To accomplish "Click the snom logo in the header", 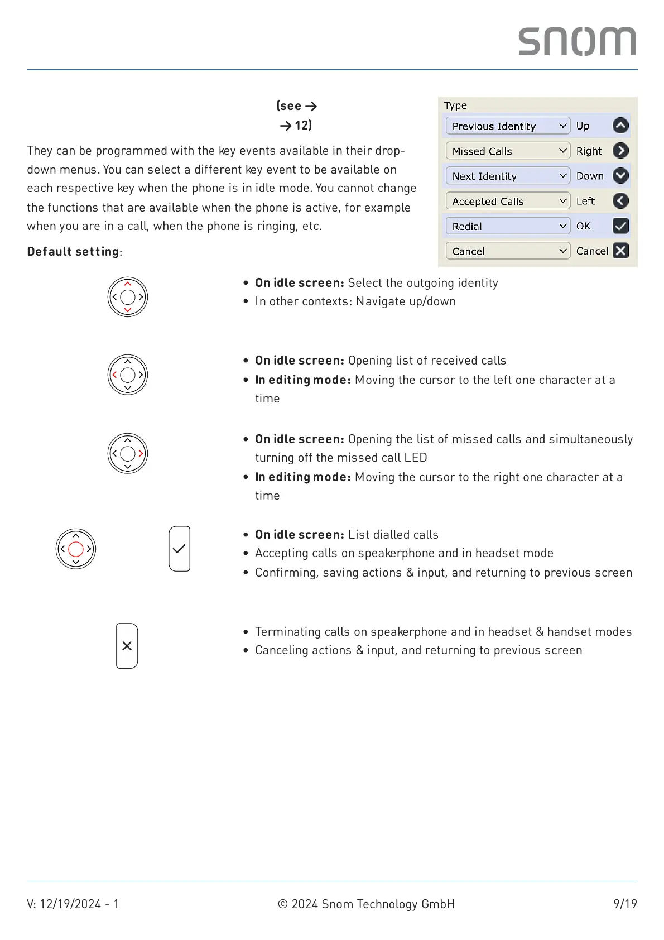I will [x=577, y=41].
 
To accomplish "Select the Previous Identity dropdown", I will [x=508, y=126].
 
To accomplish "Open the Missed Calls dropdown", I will [x=508, y=151].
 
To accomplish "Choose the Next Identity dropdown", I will [x=508, y=176].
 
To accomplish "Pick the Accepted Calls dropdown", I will [x=508, y=202].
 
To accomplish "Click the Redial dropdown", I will [x=508, y=226].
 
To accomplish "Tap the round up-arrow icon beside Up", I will [x=620, y=126].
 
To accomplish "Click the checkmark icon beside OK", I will [x=620, y=226].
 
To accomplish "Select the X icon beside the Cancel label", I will [x=620, y=251].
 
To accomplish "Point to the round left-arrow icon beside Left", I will [x=620, y=201].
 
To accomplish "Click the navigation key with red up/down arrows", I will [x=128, y=297].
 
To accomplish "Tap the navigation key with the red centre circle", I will [x=76, y=549].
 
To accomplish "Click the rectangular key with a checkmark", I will [x=179, y=549].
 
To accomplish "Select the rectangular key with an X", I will [x=127, y=646].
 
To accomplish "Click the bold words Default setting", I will [x=73, y=252].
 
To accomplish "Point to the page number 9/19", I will [x=625, y=904].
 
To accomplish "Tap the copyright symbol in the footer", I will [x=283, y=904].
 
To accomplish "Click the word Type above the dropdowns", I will [x=455, y=105].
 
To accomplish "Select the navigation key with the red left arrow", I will [x=128, y=375].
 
